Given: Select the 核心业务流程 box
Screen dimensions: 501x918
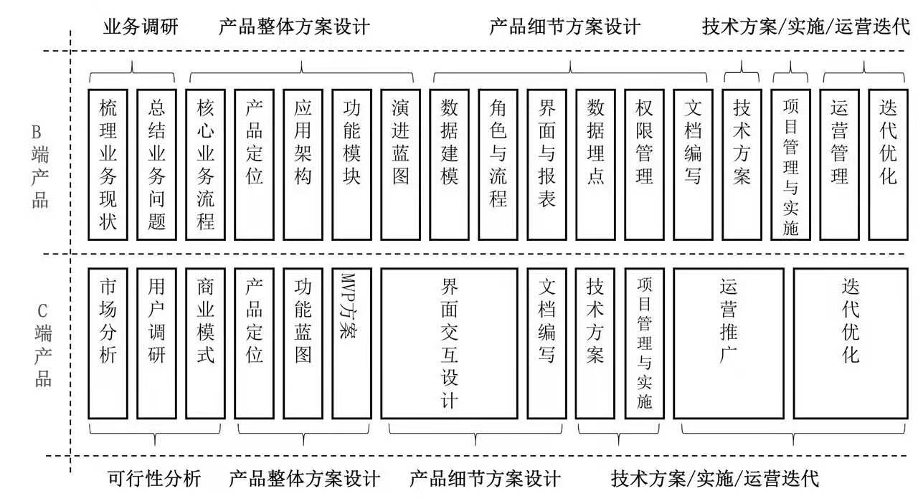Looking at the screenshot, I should click(x=205, y=164).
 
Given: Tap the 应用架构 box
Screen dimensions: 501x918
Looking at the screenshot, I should click(x=303, y=164).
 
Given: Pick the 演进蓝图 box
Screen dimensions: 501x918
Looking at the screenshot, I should click(x=400, y=164).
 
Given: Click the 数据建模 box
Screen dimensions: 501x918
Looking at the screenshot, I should click(x=449, y=164).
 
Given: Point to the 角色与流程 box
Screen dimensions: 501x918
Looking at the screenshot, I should click(x=498, y=164).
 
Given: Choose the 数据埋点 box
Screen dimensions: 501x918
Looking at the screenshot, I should click(x=595, y=164).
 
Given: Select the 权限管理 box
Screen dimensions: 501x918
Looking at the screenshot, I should click(x=644, y=164).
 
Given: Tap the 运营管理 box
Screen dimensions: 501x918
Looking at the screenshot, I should click(x=839, y=164).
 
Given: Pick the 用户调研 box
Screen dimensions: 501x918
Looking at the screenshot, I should click(x=156, y=343).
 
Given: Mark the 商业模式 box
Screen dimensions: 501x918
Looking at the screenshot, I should click(x=205, y=343).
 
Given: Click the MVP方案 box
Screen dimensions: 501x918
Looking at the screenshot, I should click(x=351, y=343).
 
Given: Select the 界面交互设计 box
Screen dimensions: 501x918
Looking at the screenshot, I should click(x=449, y=343).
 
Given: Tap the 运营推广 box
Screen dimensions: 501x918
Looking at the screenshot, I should click(x=728, y=343).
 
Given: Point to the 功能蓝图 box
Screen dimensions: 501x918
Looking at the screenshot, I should click(x=303, y=343).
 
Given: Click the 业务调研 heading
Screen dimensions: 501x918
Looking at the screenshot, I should click(x=141, y=28).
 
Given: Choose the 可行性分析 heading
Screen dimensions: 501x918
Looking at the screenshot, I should click(x=154, y=478).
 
